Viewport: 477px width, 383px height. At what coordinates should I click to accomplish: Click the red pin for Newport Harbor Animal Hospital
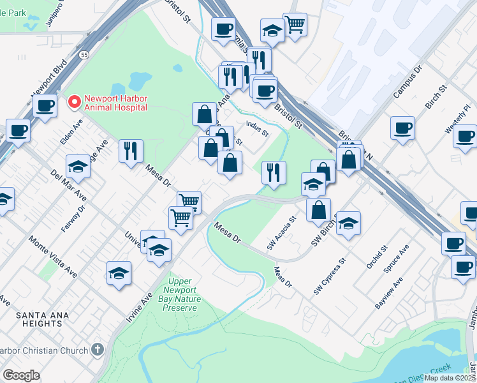(x=75, y=101)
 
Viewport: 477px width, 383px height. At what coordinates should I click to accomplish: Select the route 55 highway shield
(x=84, y=56)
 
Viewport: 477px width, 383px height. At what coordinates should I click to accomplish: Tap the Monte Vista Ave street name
(x=53, y=256)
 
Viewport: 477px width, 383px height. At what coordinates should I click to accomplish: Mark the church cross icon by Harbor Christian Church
(x=97, y=349)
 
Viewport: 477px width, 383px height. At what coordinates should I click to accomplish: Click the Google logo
(x=21, y=375)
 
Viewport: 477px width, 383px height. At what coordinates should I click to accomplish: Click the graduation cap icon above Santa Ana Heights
(x=119, y=273)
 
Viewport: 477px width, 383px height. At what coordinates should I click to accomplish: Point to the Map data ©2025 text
(x=450, y=378)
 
